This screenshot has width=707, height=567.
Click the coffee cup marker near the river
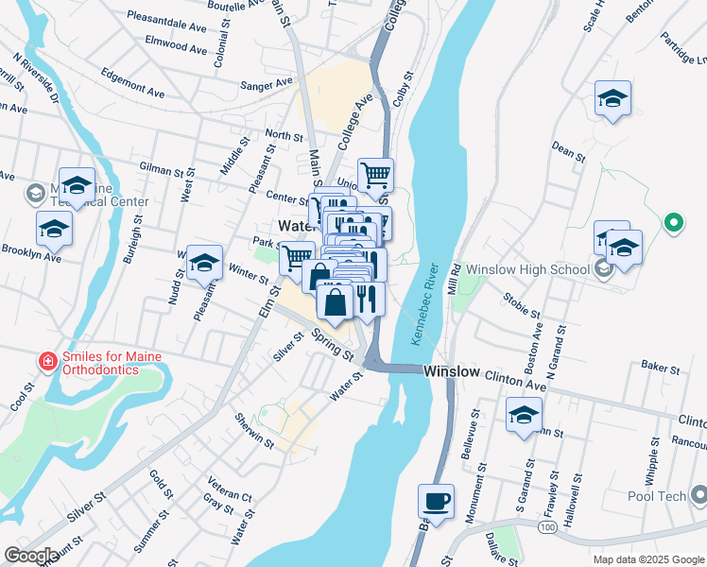coord(436,501)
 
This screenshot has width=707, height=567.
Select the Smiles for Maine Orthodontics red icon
coord(46,361)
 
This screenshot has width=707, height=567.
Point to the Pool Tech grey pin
coord(698,495)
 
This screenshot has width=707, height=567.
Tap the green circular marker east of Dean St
coord(673,223)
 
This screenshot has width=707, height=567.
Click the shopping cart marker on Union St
coord(376,175)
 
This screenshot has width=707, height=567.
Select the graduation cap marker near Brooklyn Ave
coord(54,228)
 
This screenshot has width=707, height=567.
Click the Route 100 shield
coord(547,526)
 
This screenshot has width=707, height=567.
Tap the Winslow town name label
coord(452,371)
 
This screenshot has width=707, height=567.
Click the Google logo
coord(31,555)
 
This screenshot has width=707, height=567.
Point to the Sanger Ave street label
coord(267,84)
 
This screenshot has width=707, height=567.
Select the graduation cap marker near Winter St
coord(204,264)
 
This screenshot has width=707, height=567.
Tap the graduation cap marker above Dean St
coord(612,98)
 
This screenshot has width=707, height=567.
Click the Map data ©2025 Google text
coord(647,559)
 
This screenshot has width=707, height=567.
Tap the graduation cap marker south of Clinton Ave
coord(524,415)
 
